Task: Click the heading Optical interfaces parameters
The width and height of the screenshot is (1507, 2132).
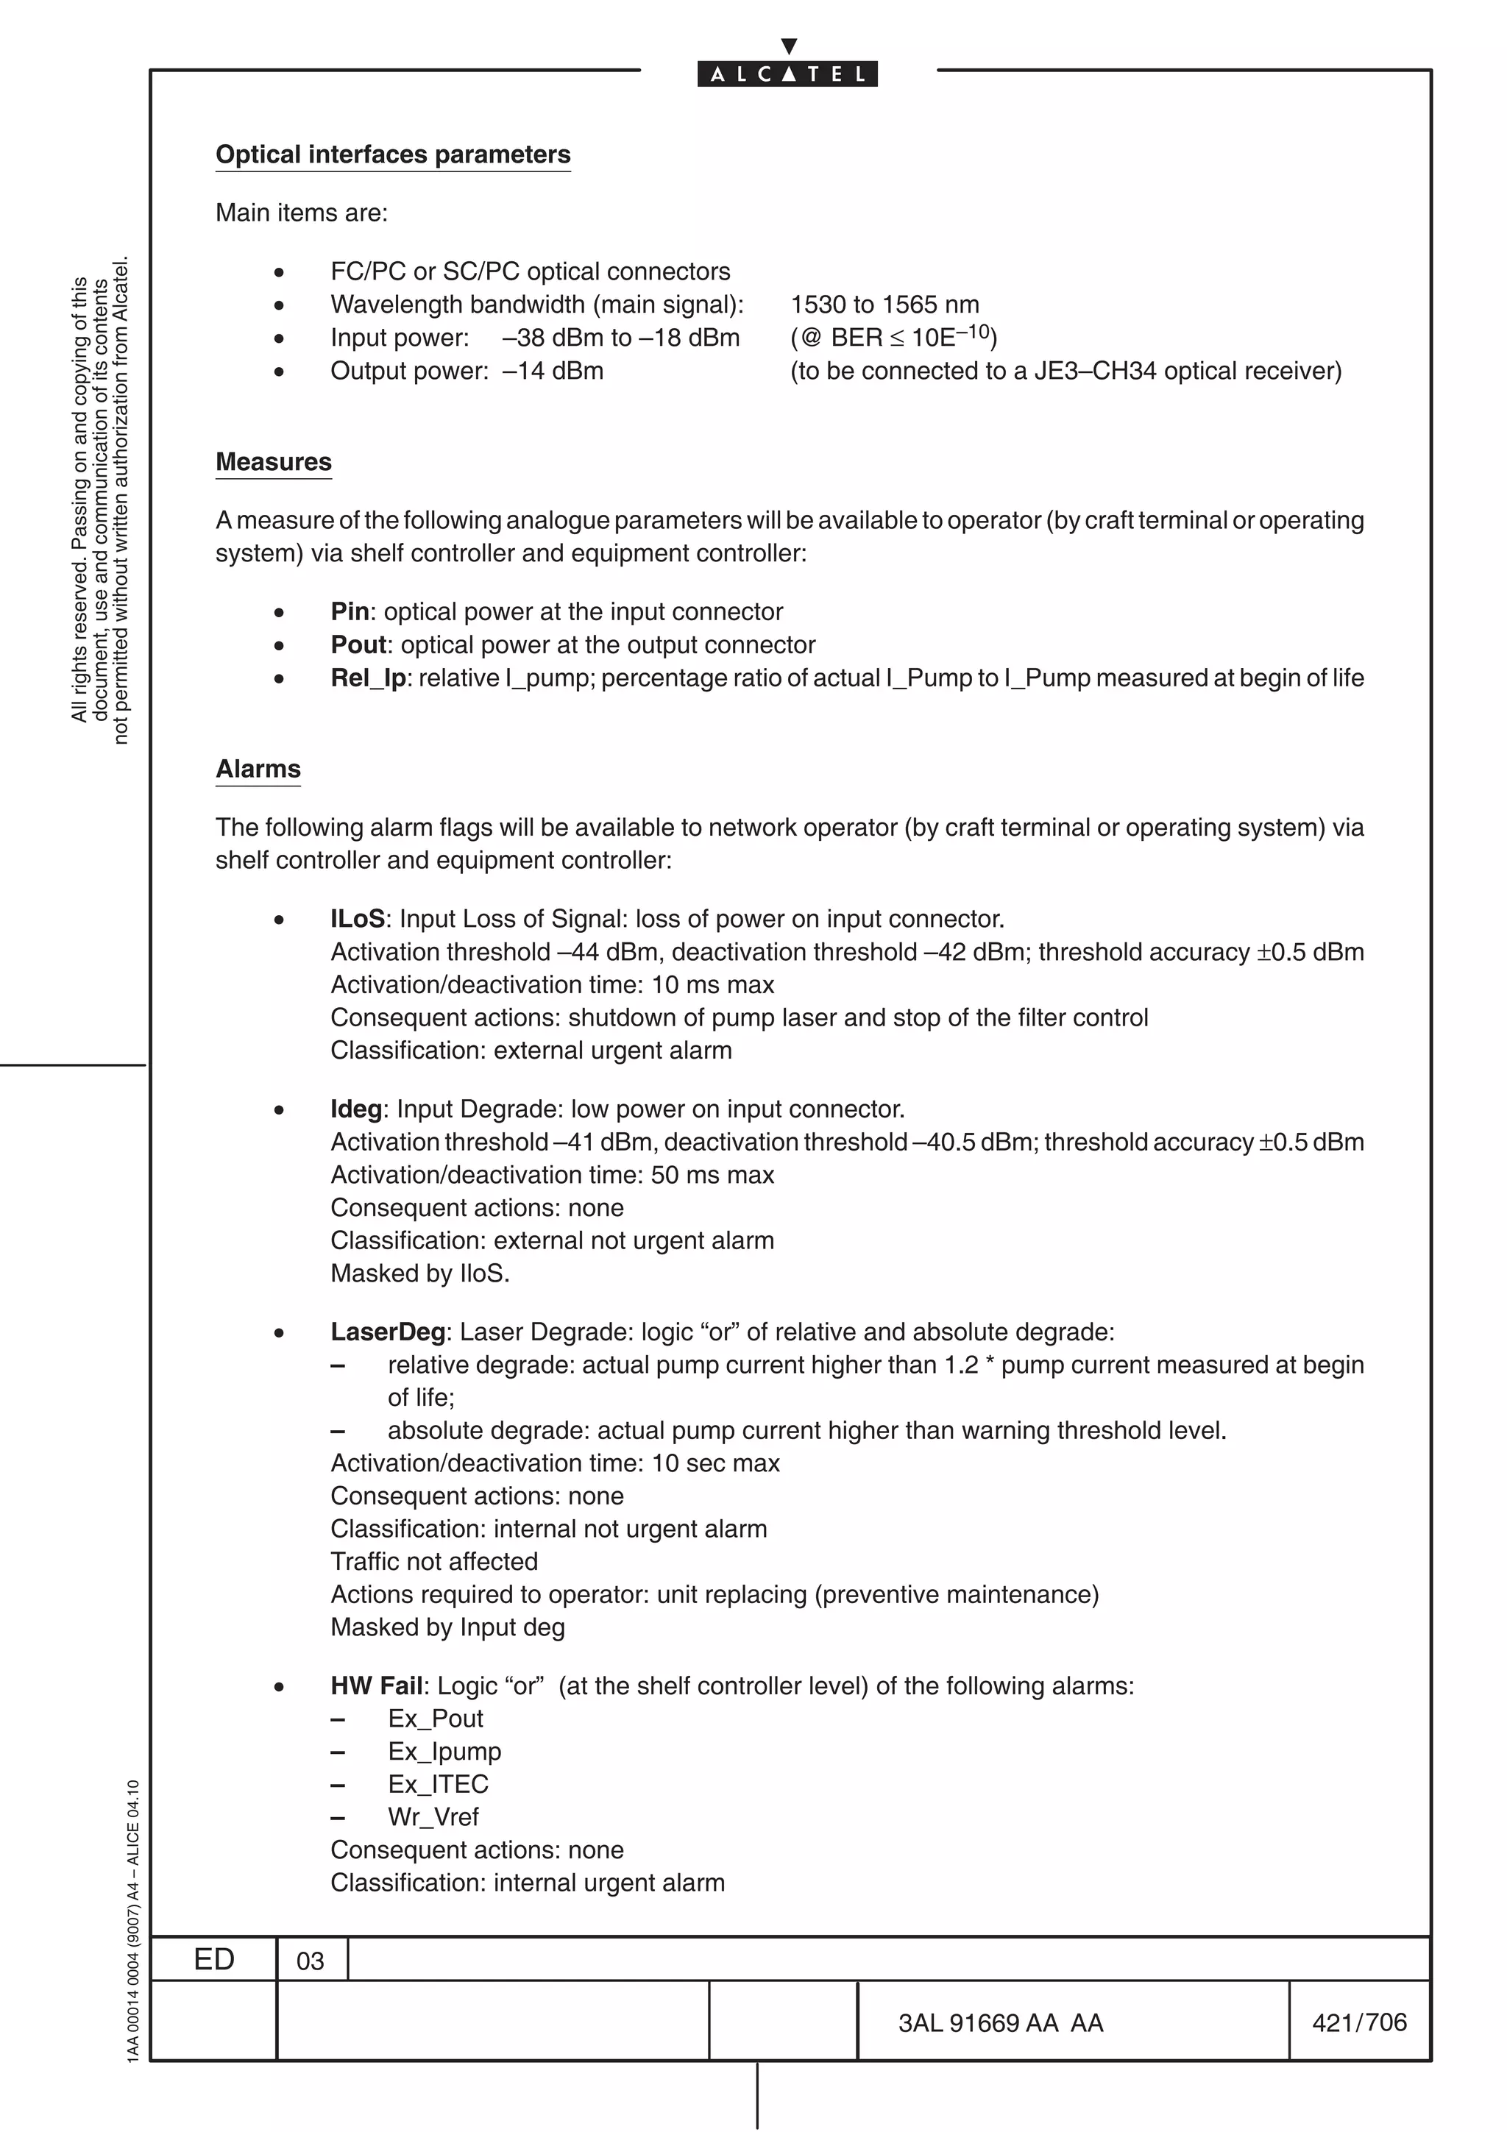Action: [393, 154]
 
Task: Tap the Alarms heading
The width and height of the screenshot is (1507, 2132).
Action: [258, 769]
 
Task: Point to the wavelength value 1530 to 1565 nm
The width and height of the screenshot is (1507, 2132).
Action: [884, 305]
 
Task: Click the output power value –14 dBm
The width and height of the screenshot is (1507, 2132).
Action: [553, 371]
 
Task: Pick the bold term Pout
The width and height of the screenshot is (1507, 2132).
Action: [358, 644]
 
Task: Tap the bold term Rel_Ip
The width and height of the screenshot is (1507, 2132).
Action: [368, 678]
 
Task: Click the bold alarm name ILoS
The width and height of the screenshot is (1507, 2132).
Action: [358, 920]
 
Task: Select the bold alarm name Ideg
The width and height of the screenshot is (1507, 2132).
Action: [355, 1109]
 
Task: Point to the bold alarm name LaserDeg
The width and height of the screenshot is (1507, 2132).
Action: [388, 1332]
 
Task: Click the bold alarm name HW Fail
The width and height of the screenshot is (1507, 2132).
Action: [376, 1686]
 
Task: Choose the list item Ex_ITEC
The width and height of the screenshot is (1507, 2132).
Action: [437, 1785]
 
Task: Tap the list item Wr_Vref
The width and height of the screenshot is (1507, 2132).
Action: [433, 1817]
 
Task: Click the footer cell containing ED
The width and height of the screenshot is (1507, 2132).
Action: [213, 1959]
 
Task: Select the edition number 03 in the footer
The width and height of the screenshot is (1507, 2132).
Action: [310, 1961]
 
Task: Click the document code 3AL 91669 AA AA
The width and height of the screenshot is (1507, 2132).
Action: [1000, 2022]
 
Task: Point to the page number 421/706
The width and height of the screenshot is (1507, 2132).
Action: [1358, 2022]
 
